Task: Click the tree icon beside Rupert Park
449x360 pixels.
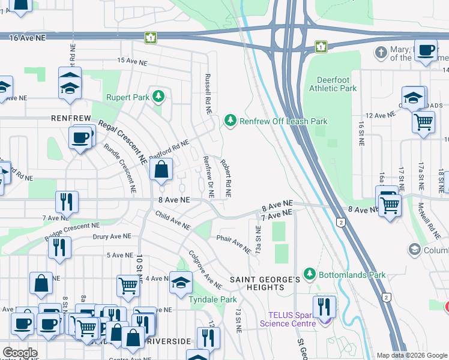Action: (x=158, y=96)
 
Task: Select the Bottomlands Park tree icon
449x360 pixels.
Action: (x=309, y=274)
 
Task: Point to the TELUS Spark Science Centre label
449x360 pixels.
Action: (x=287, y=319)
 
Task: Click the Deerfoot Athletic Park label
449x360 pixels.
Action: (x=333, y=83)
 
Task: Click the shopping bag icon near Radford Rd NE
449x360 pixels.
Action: (x=161, y=170)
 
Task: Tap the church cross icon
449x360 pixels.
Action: (x=380, y=52)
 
